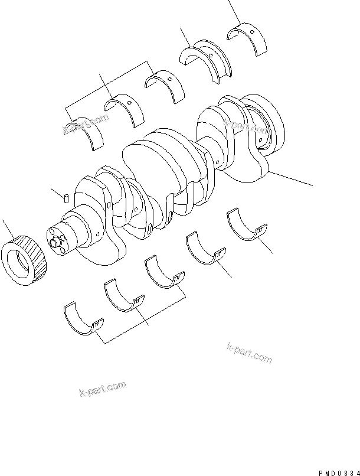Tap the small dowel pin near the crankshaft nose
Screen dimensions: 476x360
(67, 197)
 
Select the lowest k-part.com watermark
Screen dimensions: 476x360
(102, 390)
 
